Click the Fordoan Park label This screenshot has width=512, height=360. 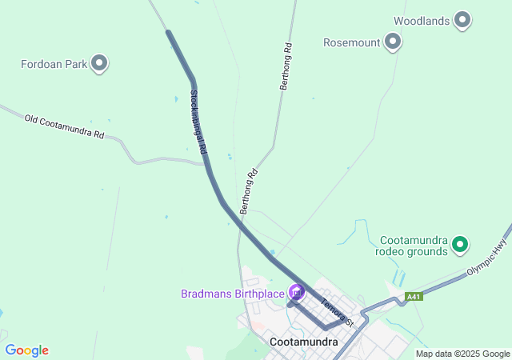tap(53, 63)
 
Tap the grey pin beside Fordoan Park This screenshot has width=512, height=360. tap(99, 62)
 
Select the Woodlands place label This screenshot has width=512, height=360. tap(422, 21)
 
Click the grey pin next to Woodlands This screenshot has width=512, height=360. tap(462, 20)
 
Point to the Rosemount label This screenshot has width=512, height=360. tap(351, 42)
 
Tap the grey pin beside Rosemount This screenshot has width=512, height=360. tap(392, 41)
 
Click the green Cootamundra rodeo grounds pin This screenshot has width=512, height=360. tap(460, 244)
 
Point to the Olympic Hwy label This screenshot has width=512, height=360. tap(489, 257)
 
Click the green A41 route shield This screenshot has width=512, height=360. tap(413, 297)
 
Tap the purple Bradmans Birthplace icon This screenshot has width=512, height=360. tap(296, 293)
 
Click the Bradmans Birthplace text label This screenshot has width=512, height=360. tap(233, 294)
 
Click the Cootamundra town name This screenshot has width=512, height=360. tap(304, 342)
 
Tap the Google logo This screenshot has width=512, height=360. tap(26, 350)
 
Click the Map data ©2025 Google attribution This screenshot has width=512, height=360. tap(462, 354)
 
